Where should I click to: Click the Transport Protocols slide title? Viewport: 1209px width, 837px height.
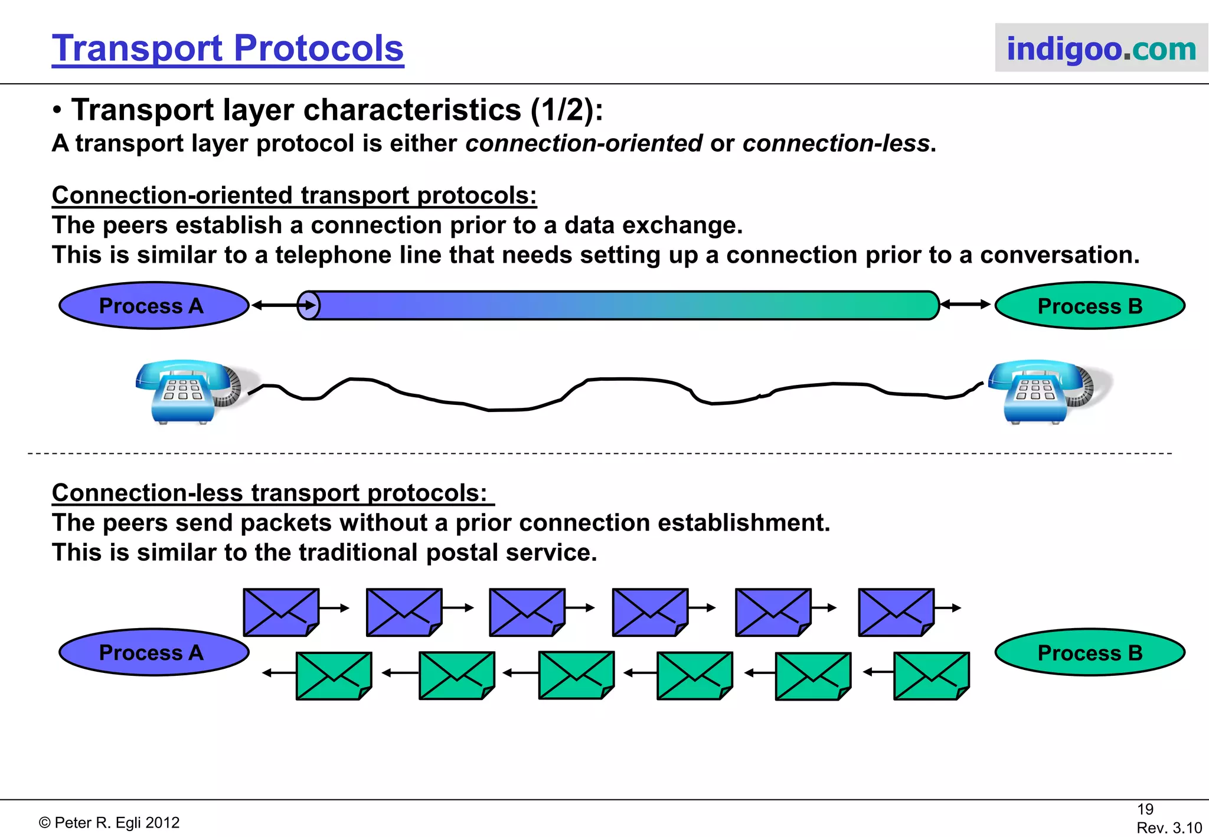coord(227,48)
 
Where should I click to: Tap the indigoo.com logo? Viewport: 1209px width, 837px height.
coord(1101,48)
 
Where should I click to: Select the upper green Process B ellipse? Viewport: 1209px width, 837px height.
coord(1090,306)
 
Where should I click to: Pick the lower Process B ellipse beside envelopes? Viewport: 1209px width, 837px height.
coord(1090,652)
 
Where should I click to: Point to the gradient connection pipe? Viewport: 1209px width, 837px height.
coord(620,305)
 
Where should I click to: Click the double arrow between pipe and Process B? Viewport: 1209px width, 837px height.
coord(966,305)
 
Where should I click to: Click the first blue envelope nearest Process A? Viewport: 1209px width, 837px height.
coord(281,612)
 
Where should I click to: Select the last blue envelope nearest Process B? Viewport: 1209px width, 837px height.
coord(896,612)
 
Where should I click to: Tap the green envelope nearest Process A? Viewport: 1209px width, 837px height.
coord(334,676)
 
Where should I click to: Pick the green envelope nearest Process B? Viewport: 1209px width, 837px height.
coord(932,676)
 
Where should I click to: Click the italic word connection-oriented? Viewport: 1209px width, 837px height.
coord(584,143)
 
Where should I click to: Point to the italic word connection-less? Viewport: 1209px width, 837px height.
coord(836,143)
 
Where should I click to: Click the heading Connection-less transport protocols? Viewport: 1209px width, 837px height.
coord(270,493)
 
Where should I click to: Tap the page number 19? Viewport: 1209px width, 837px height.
coord(1145,809)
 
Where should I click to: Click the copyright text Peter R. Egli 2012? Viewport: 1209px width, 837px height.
coord(110,823)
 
